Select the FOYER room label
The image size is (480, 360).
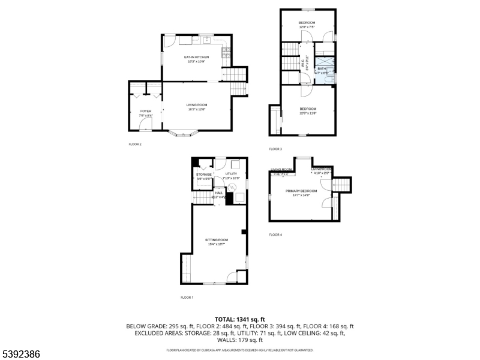click(x=146, y=111)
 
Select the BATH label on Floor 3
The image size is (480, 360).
click(x=322, y=68)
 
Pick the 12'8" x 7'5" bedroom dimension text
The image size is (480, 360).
click(x=307, y=27)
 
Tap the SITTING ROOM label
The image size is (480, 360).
click(x=218, y=239)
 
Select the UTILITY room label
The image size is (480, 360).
click(x=231, y=174)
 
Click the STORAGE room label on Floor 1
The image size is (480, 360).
click(x=204, y=174)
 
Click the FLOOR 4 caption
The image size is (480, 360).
click(x=275, y=235)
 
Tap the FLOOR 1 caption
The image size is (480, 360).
click(x=187, y=297)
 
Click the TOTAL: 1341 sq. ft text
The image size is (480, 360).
click(x=239, y=319)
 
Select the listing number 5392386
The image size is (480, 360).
click(x=21, y=354)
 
